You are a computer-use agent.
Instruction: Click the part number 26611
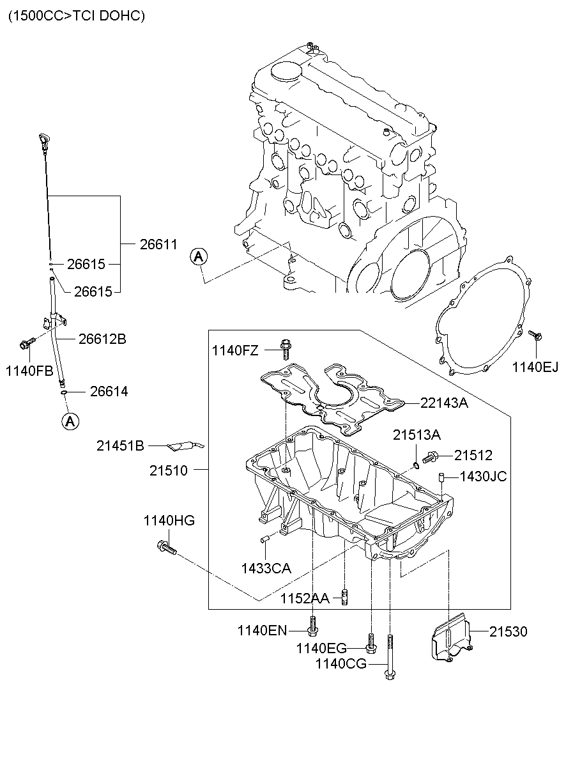click(158, 244)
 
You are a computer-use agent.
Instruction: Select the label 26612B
click(102, 339)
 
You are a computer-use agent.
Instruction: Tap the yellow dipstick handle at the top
click(43, 141)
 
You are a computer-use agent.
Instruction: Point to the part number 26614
click(109, 392)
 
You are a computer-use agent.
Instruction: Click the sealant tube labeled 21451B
click(185, 445)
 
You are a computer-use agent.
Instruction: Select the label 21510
click(169, 470)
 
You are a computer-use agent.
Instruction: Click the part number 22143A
click(444, 403)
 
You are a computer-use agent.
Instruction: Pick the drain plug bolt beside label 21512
click(431, 456)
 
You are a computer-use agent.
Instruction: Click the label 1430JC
click(484, 476)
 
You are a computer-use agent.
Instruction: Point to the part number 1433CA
click(266, 568)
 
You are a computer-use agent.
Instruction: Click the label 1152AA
click(305, 598)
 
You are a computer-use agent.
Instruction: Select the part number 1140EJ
click(535, 366)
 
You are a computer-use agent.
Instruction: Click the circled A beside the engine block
click(199, 257)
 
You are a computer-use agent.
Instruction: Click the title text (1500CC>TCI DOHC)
click(77, 16)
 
